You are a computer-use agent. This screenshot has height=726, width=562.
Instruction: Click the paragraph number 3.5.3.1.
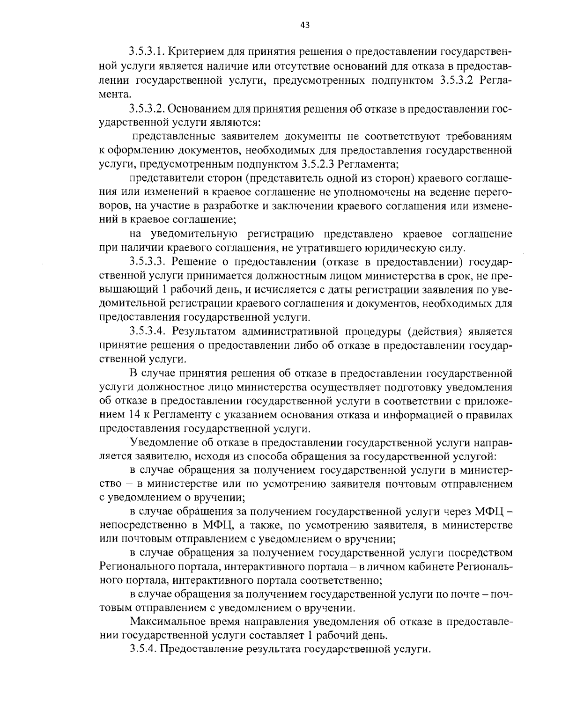click(x=147, y=51)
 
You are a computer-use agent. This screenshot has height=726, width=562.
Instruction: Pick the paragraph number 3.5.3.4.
click(x=148, y=331)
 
